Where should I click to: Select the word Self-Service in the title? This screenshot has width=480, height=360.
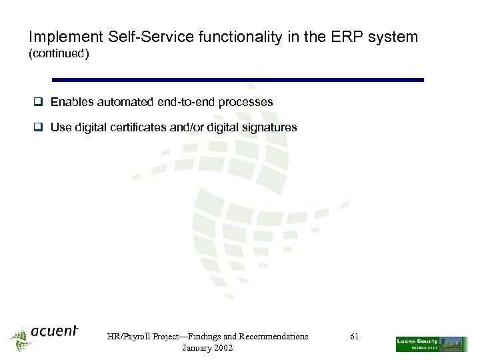pyautogui.click(x=139, y=37)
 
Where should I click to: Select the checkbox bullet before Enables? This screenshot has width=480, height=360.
pyautogui.click(x=39, y=103)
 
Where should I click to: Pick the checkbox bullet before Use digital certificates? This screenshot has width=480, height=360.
pyautogui.click(x=39, y=127)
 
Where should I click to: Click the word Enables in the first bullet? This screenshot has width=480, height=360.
pyautogui.click(x=72, y=103)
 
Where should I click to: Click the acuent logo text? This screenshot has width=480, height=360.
pyautogui.click(x=54, y=331)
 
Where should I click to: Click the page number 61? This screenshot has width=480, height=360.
pyautogui.click(x=354, y=337)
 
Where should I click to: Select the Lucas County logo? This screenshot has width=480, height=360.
pyautogui.click(x=431, y=344)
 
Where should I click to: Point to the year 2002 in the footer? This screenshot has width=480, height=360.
pyautogui.click(x=221, y=349)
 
